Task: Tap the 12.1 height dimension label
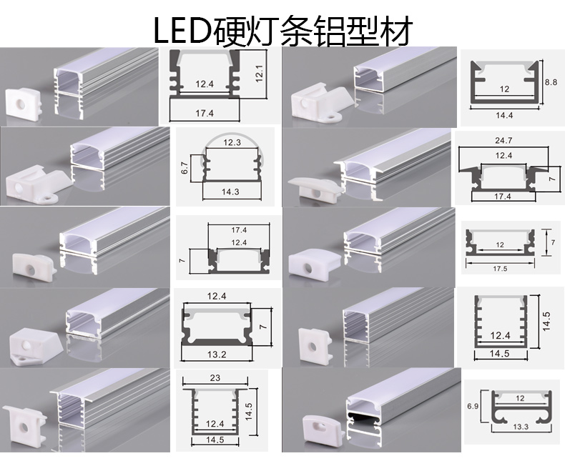(260, 71)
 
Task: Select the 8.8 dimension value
(550, 83)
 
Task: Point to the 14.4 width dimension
(505, 114)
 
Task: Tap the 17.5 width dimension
(501, 269)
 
